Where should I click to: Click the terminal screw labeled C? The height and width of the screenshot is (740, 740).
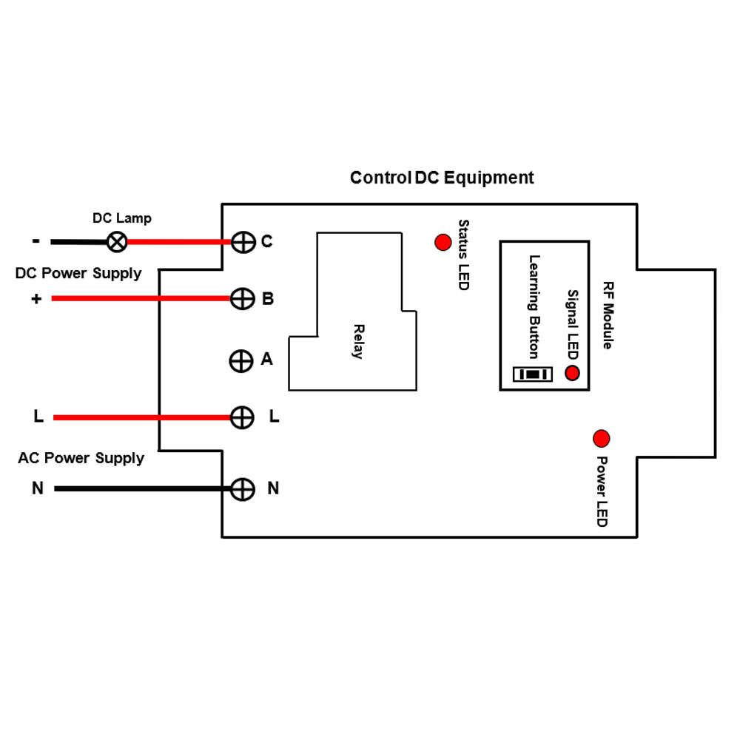tap(243, 242)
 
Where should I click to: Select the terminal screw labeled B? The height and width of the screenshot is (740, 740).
tap(243, 299)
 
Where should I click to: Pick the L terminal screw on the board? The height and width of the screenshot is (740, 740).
tap(243, 417)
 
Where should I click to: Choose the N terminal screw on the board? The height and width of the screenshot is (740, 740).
tap(243, 488)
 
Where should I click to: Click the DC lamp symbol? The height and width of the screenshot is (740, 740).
tap(117, 242)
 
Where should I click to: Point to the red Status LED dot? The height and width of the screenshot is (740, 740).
tap(443, 242)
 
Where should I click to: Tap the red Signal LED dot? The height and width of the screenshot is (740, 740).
tap(572, 373)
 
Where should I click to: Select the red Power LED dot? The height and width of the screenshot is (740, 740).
tap(601, 438)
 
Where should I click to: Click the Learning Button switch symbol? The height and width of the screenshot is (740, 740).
tap(533, 374)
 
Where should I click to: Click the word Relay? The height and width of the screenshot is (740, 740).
tap(358, 341)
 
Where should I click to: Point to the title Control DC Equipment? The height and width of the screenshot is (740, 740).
tap(442, 178)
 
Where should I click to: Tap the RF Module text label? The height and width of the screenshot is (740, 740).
tap(608, 315)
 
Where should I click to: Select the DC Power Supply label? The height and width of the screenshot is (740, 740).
tap(78, 273)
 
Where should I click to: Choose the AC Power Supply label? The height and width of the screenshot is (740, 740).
tap(81, 458)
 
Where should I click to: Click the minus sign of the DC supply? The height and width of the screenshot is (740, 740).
tap(36, 241)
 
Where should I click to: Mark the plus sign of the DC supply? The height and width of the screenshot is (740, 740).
tap(36, 299)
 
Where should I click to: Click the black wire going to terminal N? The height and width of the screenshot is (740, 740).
tap(141, 488)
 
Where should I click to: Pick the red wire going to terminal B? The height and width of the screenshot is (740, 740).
tap(141, 299)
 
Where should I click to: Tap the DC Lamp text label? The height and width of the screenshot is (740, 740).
tap(121, 218)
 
